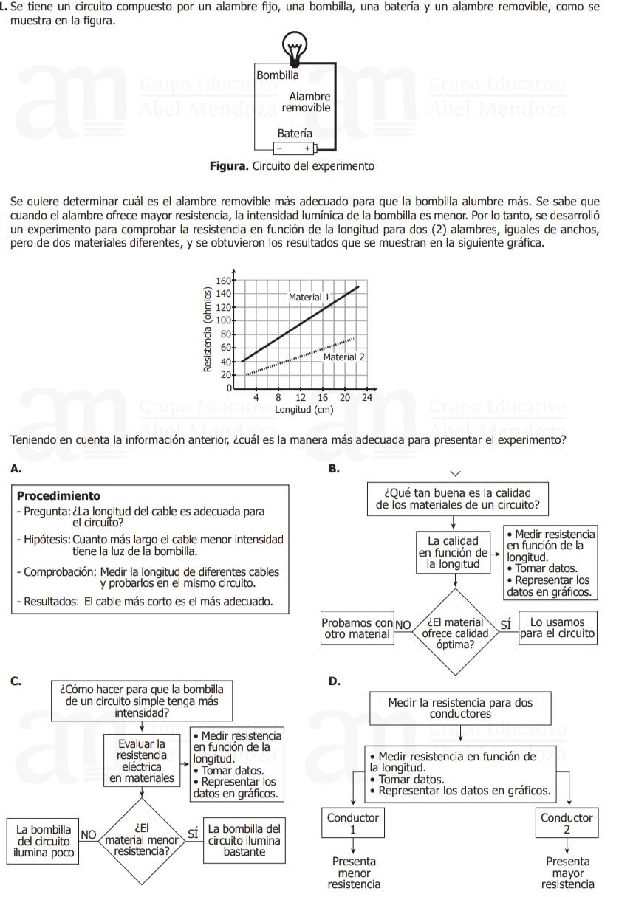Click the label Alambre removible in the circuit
(x=307, y=102)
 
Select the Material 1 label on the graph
(x=309, y=297)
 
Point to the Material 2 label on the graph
(x=344, y=357)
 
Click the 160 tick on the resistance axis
(x=222, y=281)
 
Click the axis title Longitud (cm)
(x=304, y=409)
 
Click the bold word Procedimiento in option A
(x=58, y=496)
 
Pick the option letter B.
(x=334, y=468)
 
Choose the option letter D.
(x=334, y=681)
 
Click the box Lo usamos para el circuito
(x=557, y=628)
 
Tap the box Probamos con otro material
(x=357, y=628)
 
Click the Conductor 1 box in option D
(x=353, y=823)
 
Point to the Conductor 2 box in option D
(x=567, y=823)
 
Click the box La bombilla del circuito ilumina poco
(x=44, y=841)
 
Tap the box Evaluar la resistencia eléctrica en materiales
(x=143, y=761)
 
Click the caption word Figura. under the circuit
(x=229, y=166)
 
